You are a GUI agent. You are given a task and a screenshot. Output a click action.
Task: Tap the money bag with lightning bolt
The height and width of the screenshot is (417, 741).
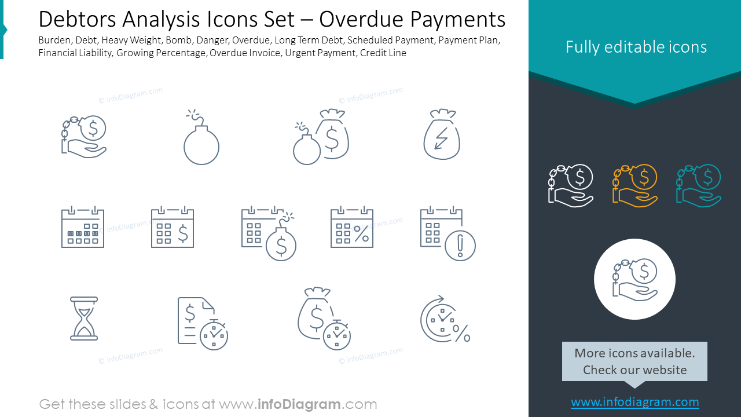coord(442,136)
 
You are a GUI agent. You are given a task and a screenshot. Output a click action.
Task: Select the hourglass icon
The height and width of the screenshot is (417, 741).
coord(84,318)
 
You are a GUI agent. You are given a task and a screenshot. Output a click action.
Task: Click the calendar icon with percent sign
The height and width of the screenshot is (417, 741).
coord(352,228)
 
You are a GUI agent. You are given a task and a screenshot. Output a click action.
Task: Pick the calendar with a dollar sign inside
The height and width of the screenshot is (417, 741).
coord(173,228)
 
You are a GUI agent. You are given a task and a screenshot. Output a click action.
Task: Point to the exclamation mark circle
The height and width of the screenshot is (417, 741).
coord(460,246)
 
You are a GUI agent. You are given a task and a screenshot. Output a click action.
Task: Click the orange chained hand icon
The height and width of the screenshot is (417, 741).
coord(634,185)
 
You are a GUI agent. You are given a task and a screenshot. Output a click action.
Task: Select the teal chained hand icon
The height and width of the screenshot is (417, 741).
coord(698,185)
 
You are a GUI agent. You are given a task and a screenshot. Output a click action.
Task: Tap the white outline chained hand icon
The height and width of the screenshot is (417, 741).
coord(570,185)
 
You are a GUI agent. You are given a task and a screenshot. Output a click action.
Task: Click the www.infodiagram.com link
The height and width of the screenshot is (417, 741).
coord(634,402)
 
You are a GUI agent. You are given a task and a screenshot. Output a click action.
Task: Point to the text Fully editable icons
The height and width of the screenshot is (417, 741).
coord(636,47)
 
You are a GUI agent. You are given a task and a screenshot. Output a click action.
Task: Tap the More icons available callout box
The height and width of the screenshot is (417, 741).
coord(634,361)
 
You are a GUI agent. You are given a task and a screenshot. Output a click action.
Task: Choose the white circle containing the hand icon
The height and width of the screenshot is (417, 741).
coord(634,279)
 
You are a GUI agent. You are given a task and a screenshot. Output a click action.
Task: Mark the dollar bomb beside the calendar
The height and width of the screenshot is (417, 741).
coord(281,243)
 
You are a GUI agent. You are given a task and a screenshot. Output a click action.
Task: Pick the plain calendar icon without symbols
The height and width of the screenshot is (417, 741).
coord(83,228)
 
